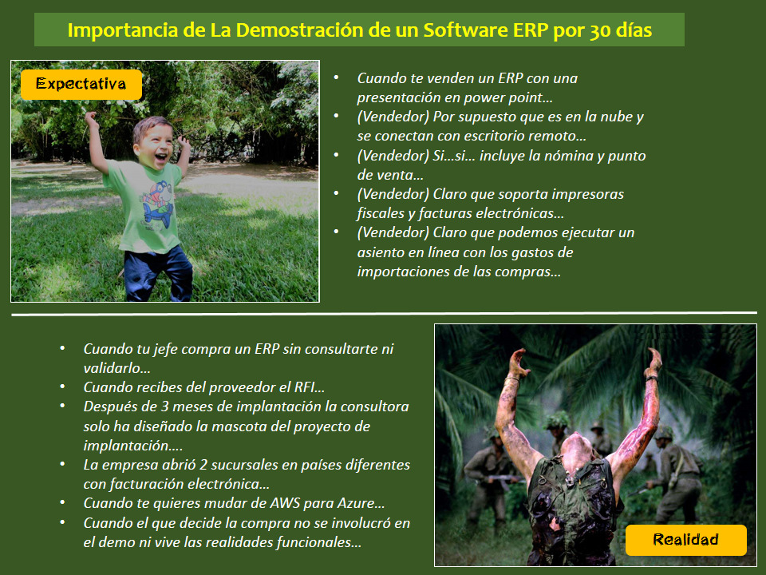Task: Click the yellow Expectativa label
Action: [x=81, y=84]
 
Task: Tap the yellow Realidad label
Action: [x=685, y=540]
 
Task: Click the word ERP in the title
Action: [x=528, y=30]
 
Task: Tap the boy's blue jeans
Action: [x=160, y=272]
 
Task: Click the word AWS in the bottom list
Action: [x=285, y=503]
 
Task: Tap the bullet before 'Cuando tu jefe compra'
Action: [x=63, y=349]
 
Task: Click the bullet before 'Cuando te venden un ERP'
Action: [x=337, y=78]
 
